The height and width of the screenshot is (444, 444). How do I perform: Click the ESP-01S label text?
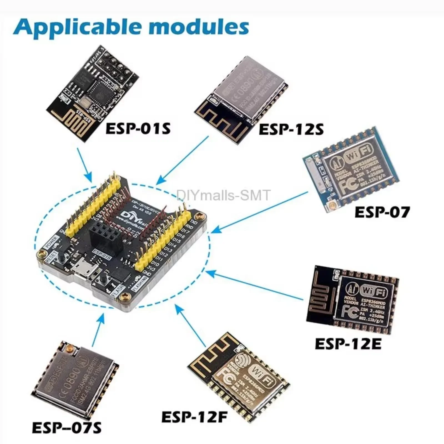tap(138, 128)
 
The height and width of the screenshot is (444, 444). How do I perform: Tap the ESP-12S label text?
tap(291, 129)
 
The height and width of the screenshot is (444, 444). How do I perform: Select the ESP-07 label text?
tap(382, 213)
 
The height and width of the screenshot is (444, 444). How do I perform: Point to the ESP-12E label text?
tap(348, 344)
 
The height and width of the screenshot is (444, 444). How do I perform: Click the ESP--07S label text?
tap(67, 428)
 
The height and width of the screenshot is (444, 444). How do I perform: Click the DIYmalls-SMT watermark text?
tap(223, 195)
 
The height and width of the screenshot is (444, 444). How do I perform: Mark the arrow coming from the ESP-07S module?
tap(98, 330)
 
